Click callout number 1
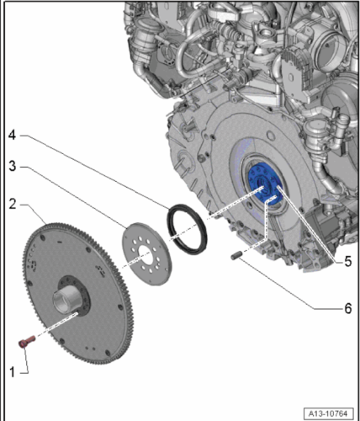tap(12, 372)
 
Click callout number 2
tap(13, 205)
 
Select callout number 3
tap(13, 166)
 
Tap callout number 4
tap(12, 135)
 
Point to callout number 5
tap(347, 262)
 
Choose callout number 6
tap(347, 308)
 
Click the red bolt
tap(27, 341)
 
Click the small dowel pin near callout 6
tap(236, 256)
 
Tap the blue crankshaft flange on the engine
tap(265, 184)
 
